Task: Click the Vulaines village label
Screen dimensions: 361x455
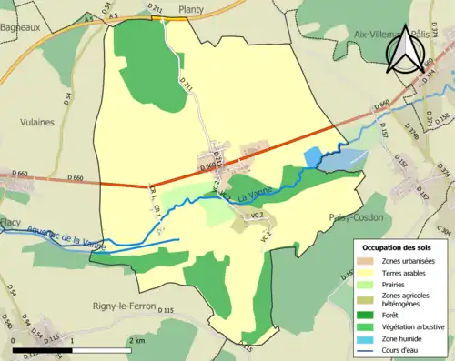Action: tap(36, 121)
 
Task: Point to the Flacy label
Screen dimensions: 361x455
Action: tap(10, 221)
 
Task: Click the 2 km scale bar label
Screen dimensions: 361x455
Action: tap(136, 339)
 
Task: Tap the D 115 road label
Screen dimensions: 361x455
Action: tap(165, 311)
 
